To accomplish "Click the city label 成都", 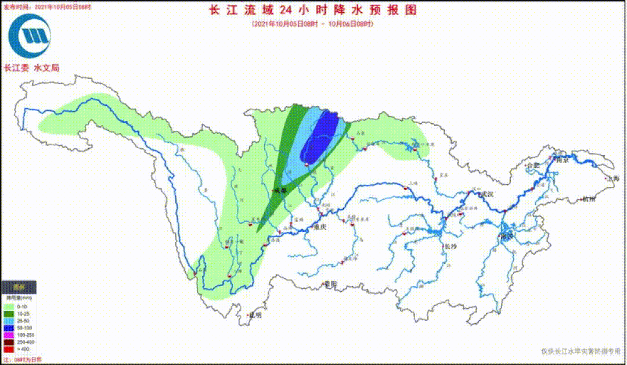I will pos(281,190).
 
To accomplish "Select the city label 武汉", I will pos(486,194).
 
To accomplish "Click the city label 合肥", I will pos(533,166).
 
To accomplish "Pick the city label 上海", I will pos(612,179).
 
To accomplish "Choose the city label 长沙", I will pos(451,246).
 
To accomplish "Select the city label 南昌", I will pos(507,237).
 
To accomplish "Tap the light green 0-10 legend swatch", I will pos(9,306).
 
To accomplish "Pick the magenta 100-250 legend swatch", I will pos(9,335).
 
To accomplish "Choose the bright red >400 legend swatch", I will pos(9,350).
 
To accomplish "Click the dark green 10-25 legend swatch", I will pos(9,314).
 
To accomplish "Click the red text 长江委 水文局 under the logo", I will pos(31,68).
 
